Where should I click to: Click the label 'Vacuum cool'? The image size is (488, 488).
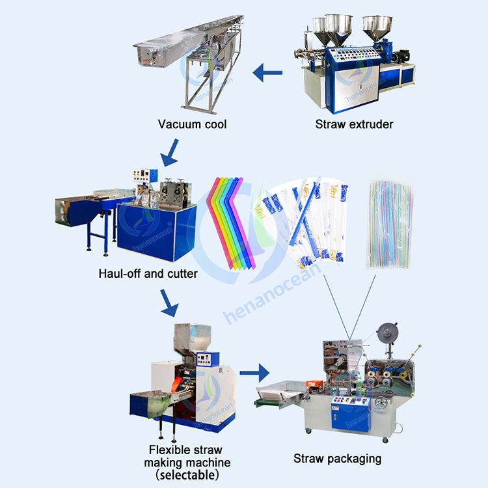click(193, 124)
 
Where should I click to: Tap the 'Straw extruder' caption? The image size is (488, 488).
click(354, 124)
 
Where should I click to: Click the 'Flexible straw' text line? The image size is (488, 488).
click(185, 450)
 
